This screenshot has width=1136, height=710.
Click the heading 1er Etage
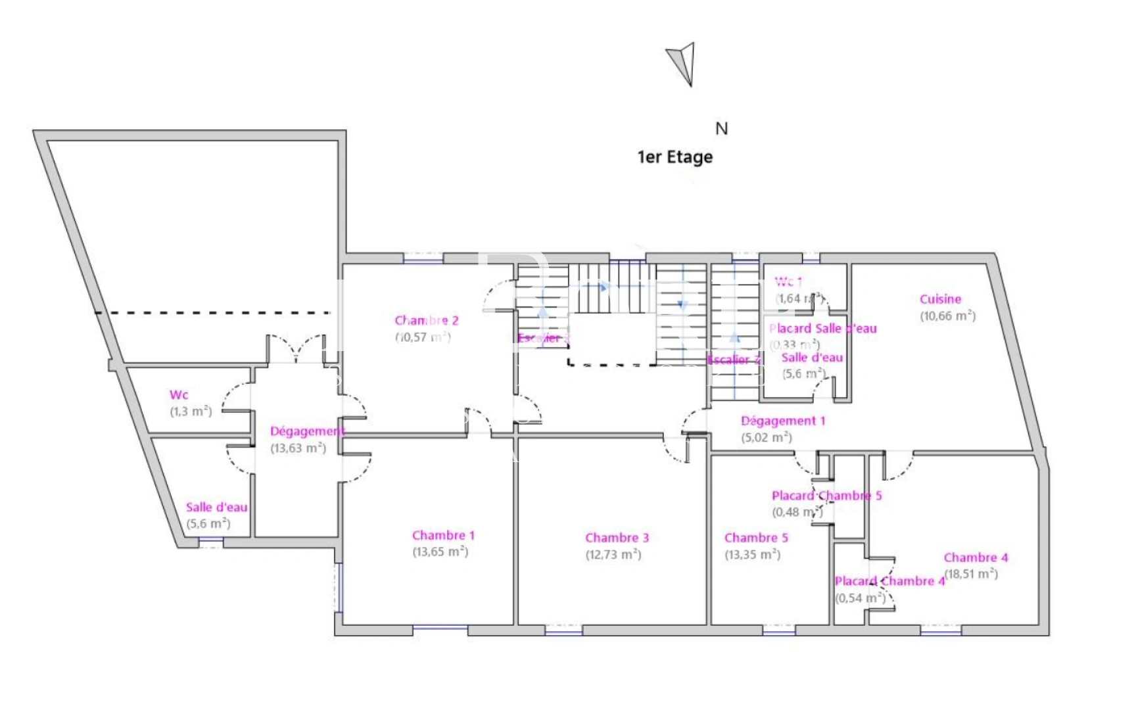click(x=674, y=157)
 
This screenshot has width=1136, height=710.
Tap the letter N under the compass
click(x=721, y=129)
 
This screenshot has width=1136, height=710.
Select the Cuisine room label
click(x=940, y=299)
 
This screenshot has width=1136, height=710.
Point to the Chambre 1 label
click(x=443, y=535)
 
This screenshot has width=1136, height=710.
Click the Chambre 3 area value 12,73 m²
click(x=613, y=554)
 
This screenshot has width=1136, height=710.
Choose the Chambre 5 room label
click(x=756, y=538)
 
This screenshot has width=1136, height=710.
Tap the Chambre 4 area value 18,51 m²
click(x=971, y=574)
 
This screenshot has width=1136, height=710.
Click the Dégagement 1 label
click(x=782, y=421)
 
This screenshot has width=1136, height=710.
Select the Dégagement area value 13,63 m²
click(x=298, y=448)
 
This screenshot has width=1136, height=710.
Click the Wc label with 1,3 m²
click(x=179, y=395)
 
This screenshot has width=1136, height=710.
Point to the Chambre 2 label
click(x=427, y=321)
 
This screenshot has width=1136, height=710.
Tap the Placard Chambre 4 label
click(x=889, y=581)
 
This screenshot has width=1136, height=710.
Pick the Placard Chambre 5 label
click(x=826, y=496)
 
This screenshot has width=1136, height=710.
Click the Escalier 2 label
click(x=733, y=360)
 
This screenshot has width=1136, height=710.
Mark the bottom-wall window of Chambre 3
click(x=563, y=631)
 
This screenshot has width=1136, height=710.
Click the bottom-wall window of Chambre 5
click(x=779, y=631)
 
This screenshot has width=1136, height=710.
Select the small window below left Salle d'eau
click(x=211, y=542)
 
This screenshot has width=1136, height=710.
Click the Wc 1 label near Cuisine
click(x=788, y=282)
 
